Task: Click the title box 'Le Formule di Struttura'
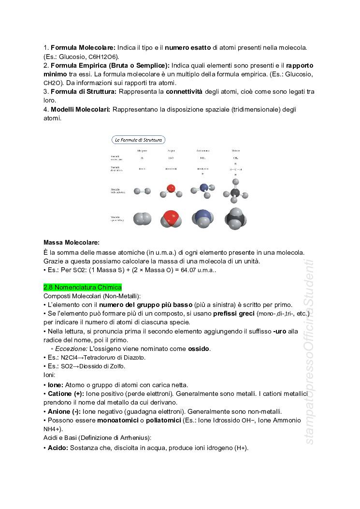click(139, 140)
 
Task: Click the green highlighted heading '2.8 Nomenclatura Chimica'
click(83, 287)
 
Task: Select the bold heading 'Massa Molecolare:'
click(71, 242)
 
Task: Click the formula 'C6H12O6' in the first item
click(103, 57)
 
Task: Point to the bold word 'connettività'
click(184, 91)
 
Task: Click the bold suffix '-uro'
click(281, 331)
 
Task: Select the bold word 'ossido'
click(199, 349)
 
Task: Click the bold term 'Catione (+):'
click(66, 394)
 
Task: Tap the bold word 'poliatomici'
click(158, 420)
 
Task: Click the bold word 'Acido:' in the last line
click(58, 448)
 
